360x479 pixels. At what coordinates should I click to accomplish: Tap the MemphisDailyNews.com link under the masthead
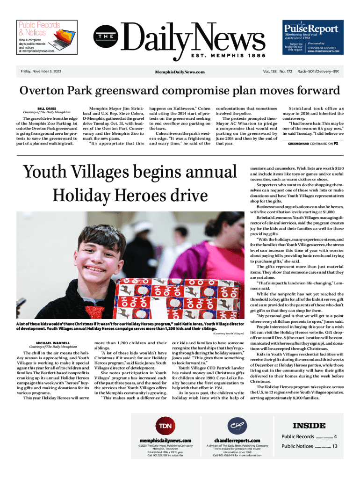pos(180,72)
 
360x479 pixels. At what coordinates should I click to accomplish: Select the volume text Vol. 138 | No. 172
pos(278,72)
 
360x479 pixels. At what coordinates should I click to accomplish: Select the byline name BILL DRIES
pos(47,108)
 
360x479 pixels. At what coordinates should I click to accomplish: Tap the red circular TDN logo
pos(165,425)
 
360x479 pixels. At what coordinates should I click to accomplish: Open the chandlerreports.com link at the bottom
pos(237,440)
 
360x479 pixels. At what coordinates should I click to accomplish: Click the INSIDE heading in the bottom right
pos(309,425)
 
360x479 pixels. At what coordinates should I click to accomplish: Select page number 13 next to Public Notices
pos(334,446)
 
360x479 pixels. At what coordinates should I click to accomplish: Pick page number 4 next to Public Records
pos(336,436)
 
